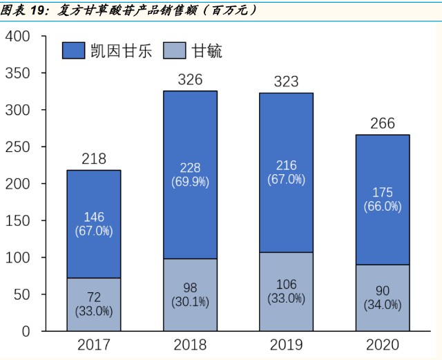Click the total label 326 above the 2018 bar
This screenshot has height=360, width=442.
click(190, 79)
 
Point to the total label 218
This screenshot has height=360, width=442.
click(94, 159)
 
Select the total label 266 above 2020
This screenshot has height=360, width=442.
click(383, 124)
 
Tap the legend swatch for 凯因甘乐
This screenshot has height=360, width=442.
click(73, 50)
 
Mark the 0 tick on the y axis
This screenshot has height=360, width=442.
click(26, 332)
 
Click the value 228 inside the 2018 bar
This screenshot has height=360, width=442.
click(190, 169)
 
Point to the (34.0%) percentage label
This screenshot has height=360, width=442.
click(383, 305)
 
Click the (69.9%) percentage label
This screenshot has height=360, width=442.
click(190, 182)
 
